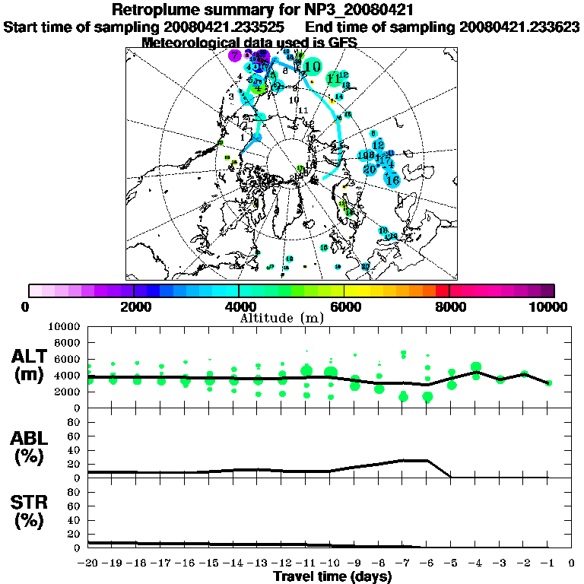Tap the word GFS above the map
[x=342, y=43]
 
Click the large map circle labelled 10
[x=311, y=67]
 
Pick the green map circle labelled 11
[x=333, y=78]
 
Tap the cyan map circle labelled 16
[x=393, y=179]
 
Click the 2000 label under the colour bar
[x=134, y=306]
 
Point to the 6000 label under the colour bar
[x=344, y=306]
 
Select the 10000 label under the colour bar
[x=549, y=306]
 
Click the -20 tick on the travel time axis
[x=89, y=563]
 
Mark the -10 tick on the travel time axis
[x=331, y=563]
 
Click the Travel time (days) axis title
[x=332, y=576]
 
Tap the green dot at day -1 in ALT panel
[x=548, y=382]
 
